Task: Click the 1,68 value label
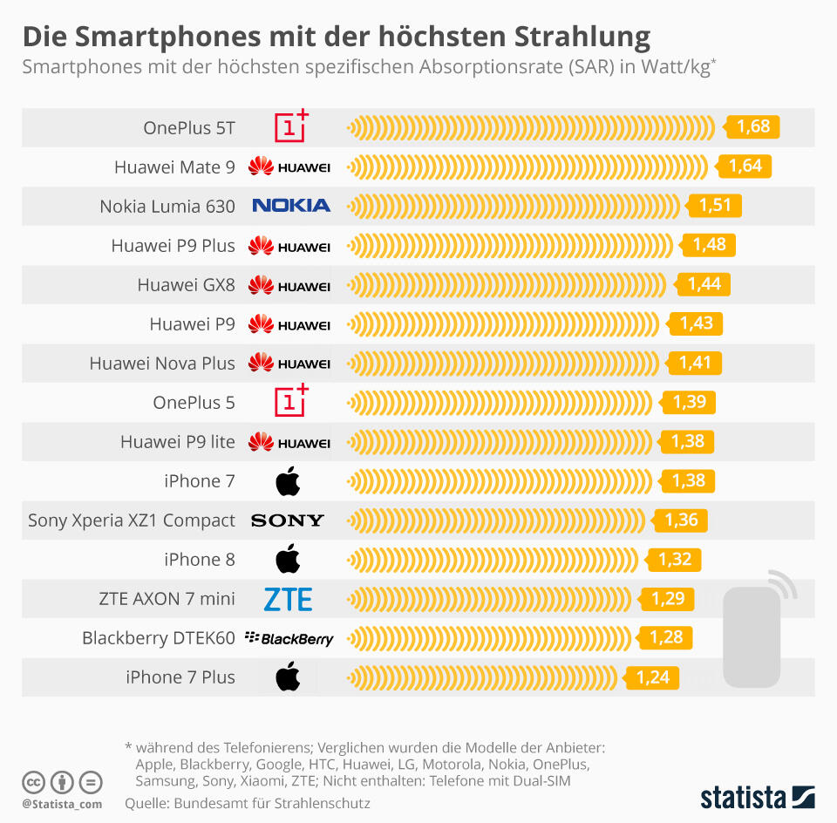[x=753, y=127]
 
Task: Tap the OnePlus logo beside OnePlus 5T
[x=291, y=126]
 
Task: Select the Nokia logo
[x=290, y=206]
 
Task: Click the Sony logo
[x=287, y=520]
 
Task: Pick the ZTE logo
[x=288, y=599]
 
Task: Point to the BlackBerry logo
[x=289, y=638]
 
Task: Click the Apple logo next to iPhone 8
[x=288, y=559]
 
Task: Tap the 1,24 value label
[x=652, y=677]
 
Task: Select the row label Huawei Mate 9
[x=174, y=167]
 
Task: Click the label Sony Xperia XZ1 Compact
[x=132, y=520]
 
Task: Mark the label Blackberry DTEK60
[x=159, y=638]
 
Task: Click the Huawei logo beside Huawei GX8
[x=289, y=285]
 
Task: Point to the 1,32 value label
[x=674, y=560]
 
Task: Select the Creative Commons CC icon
[x=34, y=781]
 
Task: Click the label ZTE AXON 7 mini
[x=167, y=599]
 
